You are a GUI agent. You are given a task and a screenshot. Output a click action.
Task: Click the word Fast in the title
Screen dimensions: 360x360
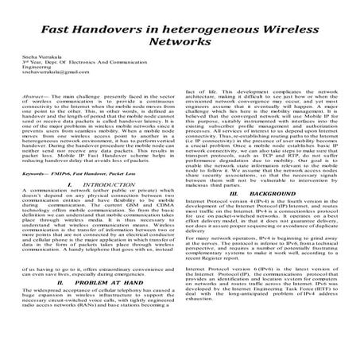point(77,27)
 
